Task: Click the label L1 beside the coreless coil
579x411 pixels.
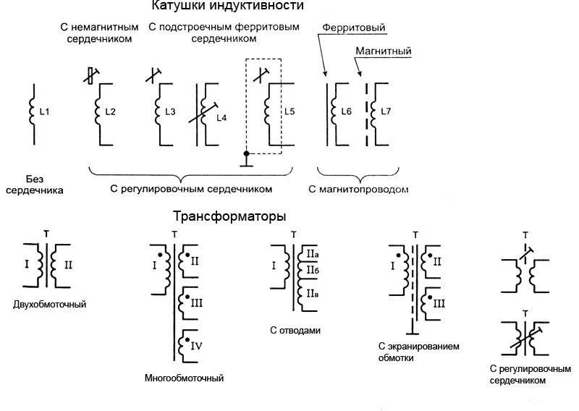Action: pyautogui.click(x=44, y=111)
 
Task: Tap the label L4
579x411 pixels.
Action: pyautogui.click(x=221, y=118)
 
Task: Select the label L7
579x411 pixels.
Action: pyautogui.click(x=386, y=111)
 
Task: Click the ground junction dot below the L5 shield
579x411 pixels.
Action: pyautogui.click(x=246, y=153)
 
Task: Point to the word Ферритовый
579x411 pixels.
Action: pyautogui.click(x=354, y=27)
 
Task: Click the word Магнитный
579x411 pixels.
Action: pyautogui.click(x=384, y=51)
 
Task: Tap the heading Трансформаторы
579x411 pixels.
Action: pyautogui.click(x=229, y=216)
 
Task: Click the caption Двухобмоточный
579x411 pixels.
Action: pyautogui.click(x=49, y=305)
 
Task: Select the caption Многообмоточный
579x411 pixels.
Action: pyautogui.click(x=184, y=378)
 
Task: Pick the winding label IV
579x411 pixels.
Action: pyautogui.click(x=196, y=346)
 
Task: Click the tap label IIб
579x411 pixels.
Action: pyautogui.click(x=313, y=271)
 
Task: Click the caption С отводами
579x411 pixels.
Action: pyautogui.click(x=295, y=330)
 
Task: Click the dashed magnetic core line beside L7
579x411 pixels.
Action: pyautogui.click(x=367, y=114)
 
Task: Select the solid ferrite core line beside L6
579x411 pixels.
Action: pyautogui.click(x=327, y=114)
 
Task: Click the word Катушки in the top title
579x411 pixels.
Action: pyautogui.click(x=177, y=6)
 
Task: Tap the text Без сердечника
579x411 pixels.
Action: pyautogui.click(x=35, y=185)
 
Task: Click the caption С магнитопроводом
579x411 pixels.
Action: pyautogui.click(x=358, y=190)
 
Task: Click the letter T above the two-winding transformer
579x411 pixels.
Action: pyautogui.click(x=46, y=234)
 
